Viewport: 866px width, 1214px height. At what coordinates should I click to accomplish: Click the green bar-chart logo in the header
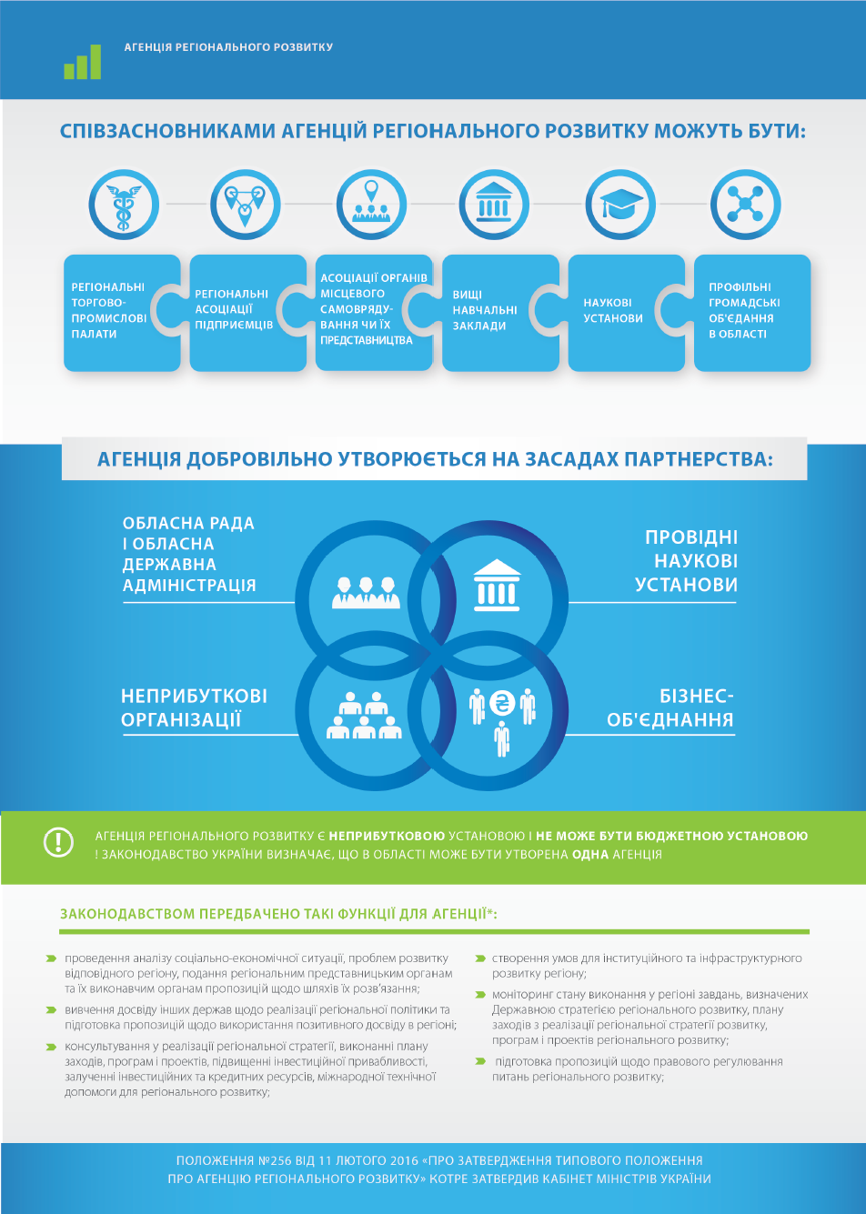click(83, 63)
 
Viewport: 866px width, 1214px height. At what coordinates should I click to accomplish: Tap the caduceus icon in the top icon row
click(123, 206)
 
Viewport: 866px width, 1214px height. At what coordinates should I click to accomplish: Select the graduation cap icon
click(620, 206)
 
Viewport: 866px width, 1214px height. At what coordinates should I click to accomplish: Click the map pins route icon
click(245, 206)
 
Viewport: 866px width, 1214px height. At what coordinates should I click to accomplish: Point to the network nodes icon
click(745, 206)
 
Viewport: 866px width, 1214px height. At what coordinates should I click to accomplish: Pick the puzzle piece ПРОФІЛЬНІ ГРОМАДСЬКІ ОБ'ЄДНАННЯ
click(751, 312)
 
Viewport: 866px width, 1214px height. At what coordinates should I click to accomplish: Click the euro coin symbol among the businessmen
click(501, 703)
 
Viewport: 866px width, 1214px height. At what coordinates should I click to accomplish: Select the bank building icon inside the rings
click(497, 586)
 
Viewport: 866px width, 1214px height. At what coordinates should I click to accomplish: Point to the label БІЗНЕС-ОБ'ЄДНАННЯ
click(671, 708)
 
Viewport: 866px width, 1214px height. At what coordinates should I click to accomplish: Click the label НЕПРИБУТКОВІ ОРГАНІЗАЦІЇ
click(194, 708)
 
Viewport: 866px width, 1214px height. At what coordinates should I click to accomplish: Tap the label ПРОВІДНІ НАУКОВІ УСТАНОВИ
click(688, 561)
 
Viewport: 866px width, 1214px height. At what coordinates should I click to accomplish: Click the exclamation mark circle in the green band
click(58, 842)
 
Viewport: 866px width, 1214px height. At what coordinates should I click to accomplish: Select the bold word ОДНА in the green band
click(589, 855)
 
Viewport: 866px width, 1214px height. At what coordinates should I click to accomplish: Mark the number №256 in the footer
click(277, 1161)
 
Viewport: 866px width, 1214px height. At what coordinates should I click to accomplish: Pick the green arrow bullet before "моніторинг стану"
click(480, 995)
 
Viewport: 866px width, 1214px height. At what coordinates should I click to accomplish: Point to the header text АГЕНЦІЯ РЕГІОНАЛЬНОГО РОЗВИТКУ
click(228, 47)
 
